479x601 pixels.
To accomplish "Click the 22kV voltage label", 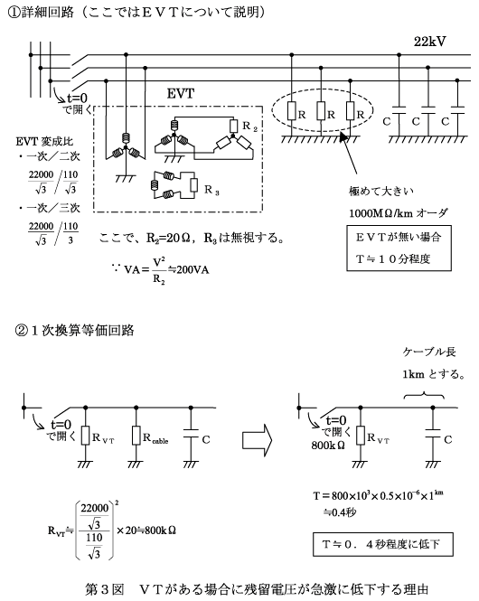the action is pos(429,42).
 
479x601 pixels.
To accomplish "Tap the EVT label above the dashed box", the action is pos(181,93).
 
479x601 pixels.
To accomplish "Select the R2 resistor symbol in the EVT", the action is pos(233,127).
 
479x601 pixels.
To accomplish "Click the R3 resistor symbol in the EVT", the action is pos(194,185).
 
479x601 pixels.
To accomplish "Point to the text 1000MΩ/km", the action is pos(380,213).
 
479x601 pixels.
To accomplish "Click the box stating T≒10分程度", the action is pos(399,249).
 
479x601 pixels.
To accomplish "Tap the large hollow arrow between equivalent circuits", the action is pos(257,439).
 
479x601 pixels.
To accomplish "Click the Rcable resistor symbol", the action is pos(136,436).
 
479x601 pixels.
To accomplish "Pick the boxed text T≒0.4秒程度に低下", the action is pos(383,544).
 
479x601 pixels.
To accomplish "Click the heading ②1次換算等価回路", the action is pos(74,331).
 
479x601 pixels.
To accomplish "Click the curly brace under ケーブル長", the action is pos(424,395).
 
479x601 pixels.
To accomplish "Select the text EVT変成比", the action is pos(44,141).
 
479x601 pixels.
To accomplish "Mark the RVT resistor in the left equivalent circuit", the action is pos(85,436).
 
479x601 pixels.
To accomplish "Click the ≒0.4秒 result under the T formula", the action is pos(340,512).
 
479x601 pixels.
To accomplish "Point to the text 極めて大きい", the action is pos(380,191).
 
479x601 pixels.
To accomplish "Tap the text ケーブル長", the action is pos(429,352).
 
